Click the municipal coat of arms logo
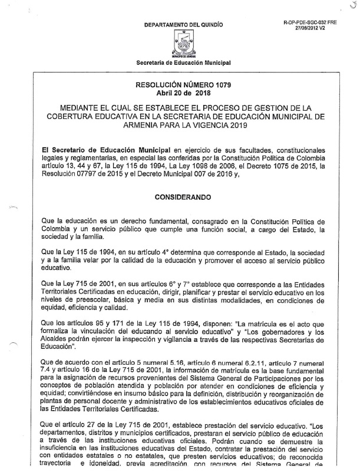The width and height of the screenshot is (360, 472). (x=184, y=43)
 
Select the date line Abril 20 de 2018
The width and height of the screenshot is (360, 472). (x=183, y=94)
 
